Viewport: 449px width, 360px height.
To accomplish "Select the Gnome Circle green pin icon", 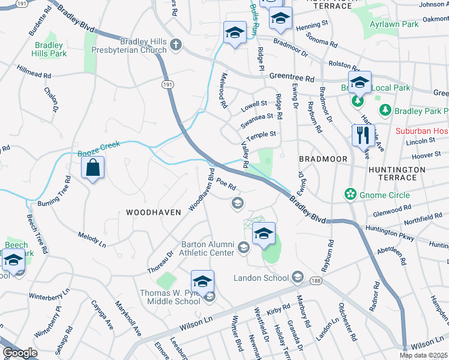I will tap(349, 194).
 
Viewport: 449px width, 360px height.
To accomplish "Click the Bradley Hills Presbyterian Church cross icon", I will tap(176, 44).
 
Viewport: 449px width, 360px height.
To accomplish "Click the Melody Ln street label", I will tap(92, 239).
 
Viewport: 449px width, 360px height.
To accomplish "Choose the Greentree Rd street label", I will tap(292, 79).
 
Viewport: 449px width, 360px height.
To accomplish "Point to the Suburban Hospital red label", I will tap(421, 131).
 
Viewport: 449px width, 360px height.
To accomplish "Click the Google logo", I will tap(19, 353).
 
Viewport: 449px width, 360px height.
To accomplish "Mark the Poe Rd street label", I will tap(225, 184).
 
